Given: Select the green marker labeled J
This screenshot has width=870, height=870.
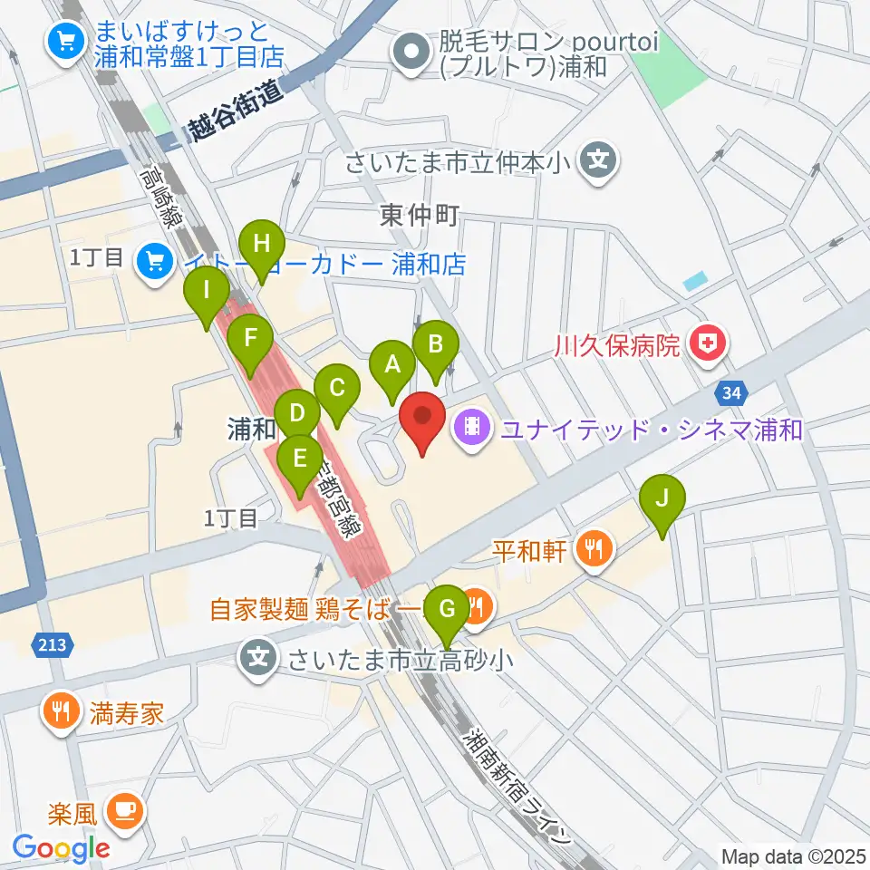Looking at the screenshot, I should pyautogui.click(x=662, y=498).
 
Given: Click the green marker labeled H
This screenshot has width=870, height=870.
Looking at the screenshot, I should pyautogui.click(x=261, y=245).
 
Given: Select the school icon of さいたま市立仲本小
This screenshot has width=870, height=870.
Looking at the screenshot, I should pyautogui.click(x=596, y=163).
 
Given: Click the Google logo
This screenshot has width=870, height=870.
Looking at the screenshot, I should pyautogui.click(x=62, y=848).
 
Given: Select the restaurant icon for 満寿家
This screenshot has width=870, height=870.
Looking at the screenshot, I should pyautogui.click(x=62, y=711).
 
